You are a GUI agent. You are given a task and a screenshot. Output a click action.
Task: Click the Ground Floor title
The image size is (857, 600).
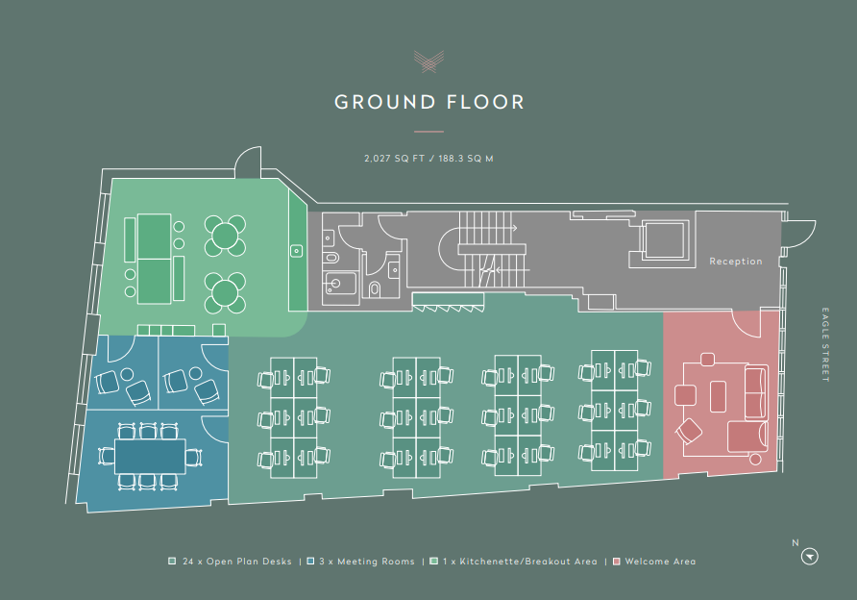click(x=429, y=102)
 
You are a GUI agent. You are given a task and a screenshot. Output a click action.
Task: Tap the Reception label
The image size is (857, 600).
click(x=736, y=262)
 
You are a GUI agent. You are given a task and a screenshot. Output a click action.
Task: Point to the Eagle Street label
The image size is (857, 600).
click(x=825, y=344)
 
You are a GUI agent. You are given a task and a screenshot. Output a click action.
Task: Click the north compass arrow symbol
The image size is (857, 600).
click(x=810, y=557)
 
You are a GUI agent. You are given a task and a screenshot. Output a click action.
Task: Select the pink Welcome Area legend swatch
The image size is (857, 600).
click(x=617, y=562)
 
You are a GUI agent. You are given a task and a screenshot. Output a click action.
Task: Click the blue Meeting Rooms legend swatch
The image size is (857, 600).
click(x=310, y=562)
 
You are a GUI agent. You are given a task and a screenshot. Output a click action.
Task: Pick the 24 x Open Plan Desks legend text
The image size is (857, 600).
click(x=237, y=562)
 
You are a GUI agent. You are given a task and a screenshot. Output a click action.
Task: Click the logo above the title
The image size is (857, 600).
click(x=429, y=62)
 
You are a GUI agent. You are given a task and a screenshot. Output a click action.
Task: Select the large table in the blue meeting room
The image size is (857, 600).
click(x=150, y=456)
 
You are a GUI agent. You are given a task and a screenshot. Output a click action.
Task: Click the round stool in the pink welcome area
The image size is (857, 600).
click(x=755, y=459)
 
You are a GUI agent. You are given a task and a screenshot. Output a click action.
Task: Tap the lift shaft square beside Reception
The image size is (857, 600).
click(x=664, y=239)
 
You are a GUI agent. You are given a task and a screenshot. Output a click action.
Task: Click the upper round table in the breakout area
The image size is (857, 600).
click(x=225, y=236)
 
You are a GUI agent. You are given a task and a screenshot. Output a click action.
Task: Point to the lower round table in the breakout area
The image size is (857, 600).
click(x=225, y=292)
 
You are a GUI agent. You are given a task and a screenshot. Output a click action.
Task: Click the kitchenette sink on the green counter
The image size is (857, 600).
click(x=297, y=251)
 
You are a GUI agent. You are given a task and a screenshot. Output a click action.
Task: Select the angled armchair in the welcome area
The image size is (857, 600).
click(x=689, y=432)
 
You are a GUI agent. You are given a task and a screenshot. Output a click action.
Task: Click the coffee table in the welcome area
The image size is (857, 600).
click(x=718, y=396)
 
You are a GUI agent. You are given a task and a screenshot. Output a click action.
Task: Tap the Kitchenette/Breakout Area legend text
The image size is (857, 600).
click(x=520, y=562)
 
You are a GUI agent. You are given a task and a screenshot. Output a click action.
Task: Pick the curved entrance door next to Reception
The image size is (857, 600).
click(x=799, y=234)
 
